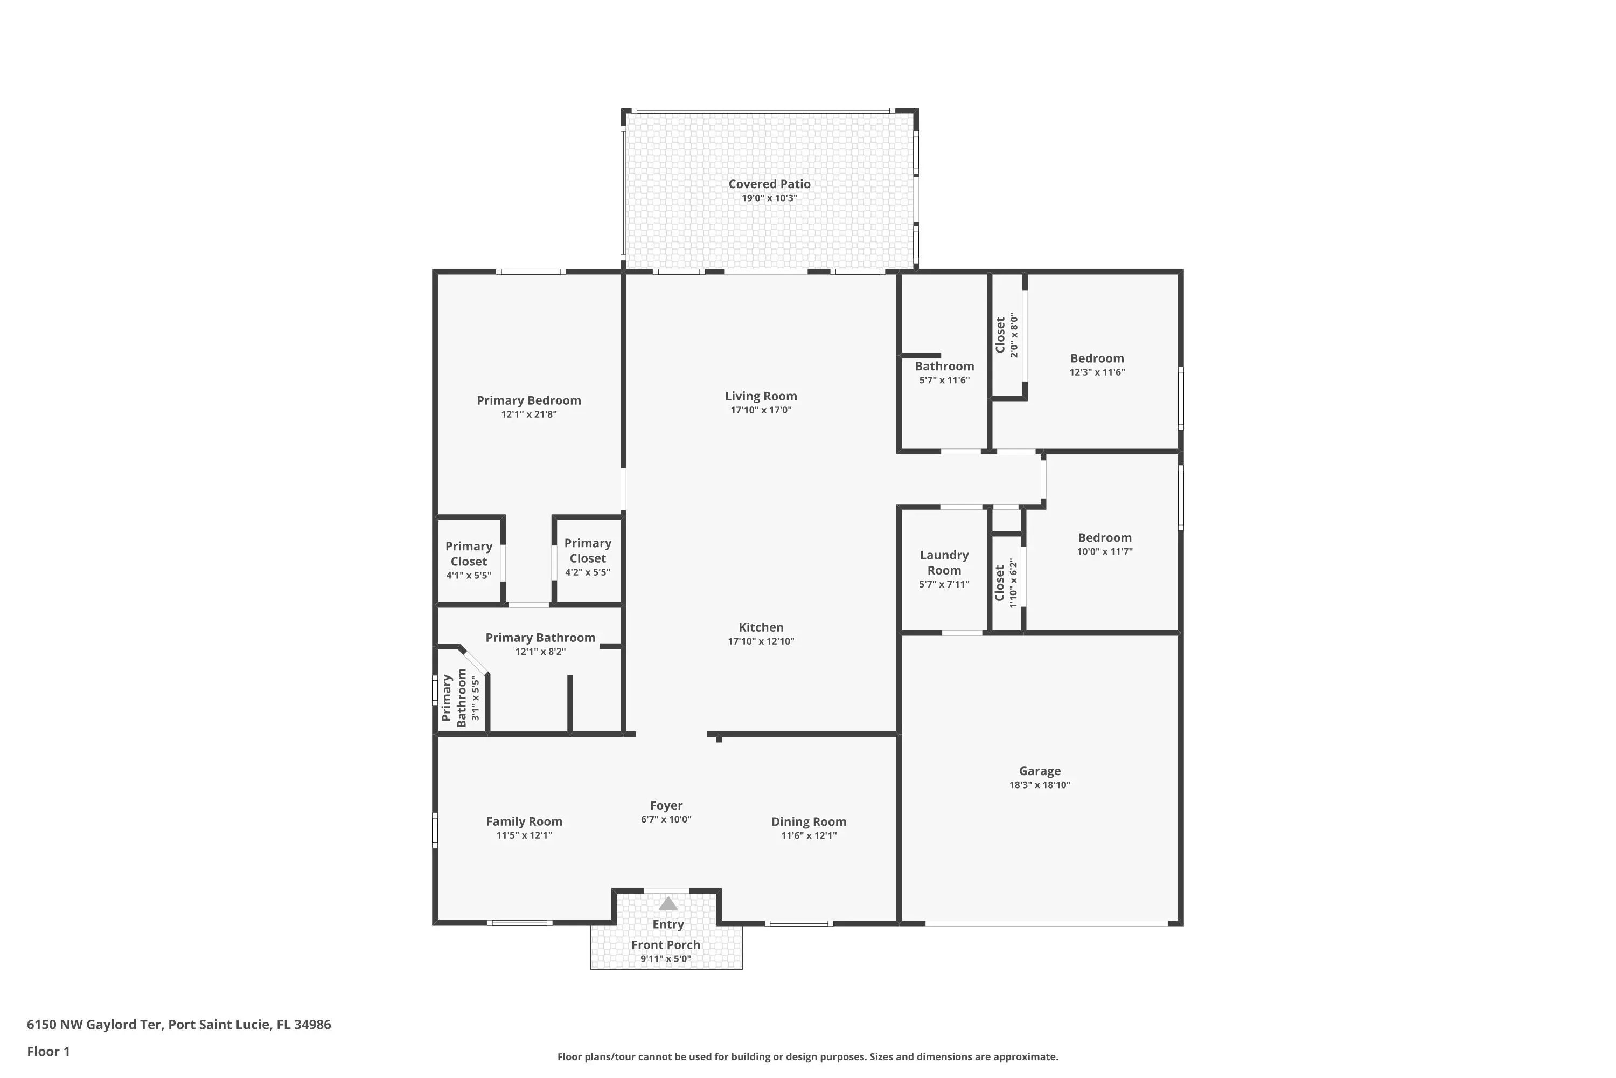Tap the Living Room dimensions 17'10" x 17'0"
[x=761, y=410]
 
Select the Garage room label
[x=1040, y=771]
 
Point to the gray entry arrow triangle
[x=668, y=903]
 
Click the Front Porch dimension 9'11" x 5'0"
[x=665, y=959]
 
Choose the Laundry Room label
[x=944, y=562]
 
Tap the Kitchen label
[x=761, y=627]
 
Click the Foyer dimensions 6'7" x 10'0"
[x=666, y=819]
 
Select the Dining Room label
[x=809, y=821]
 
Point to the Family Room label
[x=524, y=821]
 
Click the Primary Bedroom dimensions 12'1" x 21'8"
[x=528, y=414]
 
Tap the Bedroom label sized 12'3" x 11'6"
[x=1097, y=358]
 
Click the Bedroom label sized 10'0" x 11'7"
[x=1104, y=537]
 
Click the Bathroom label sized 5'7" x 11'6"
[x=944, y=367]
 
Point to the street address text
[x=179, y=1025]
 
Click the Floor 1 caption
[x=48, y=1051]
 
